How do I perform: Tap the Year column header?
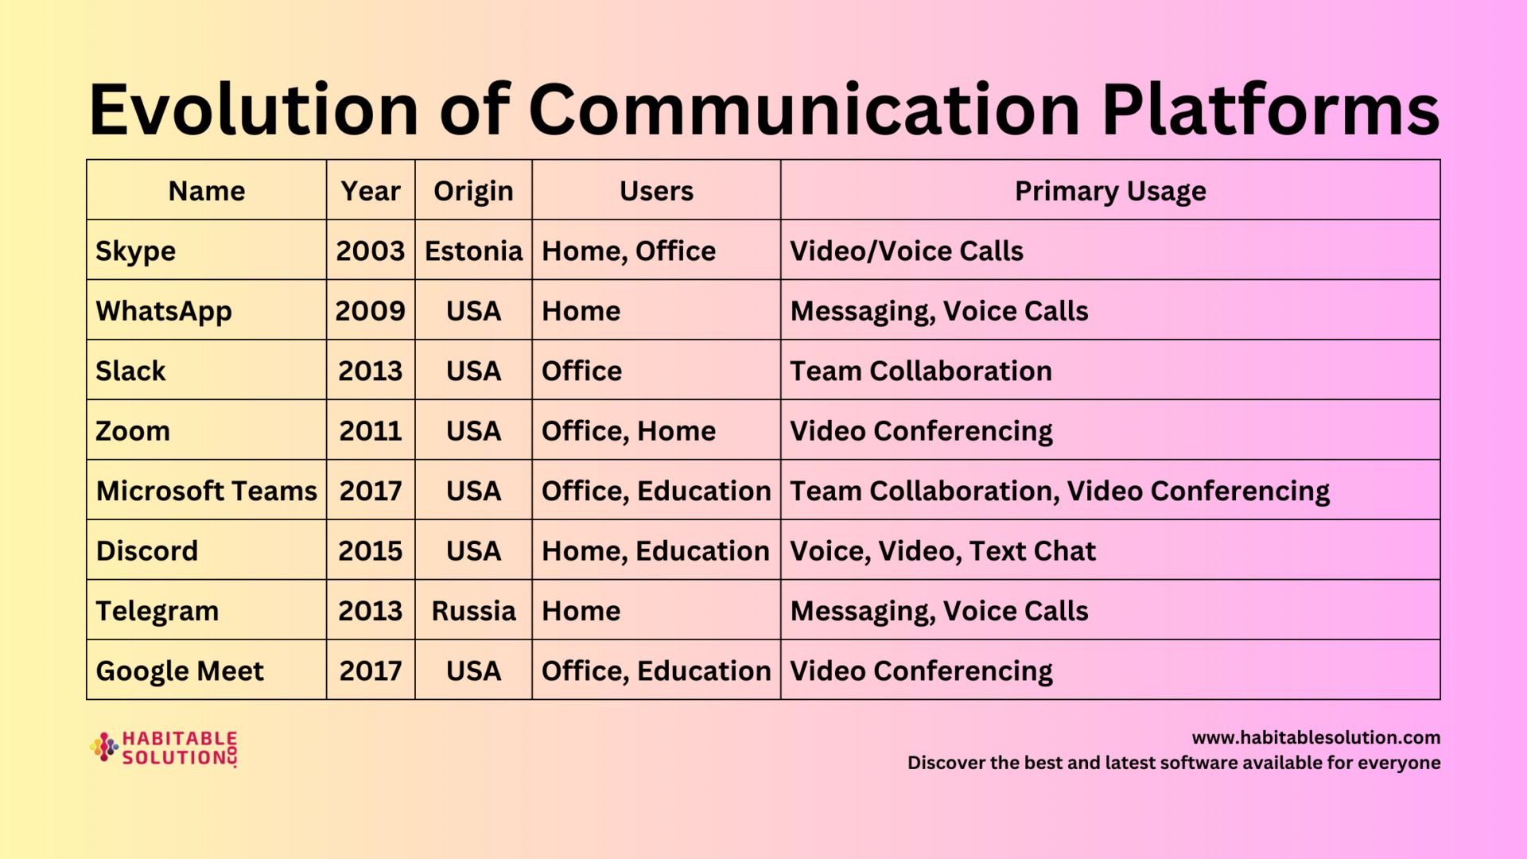[x=371, y=191]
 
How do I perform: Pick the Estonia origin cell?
[x=473, y=251]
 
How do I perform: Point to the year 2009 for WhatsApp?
[x=371, y=311]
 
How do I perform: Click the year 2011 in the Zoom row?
[x=371, y=431]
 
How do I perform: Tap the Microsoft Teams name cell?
[x=207, y=491]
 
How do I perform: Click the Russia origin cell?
[x=473, y=611]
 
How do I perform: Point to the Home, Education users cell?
[x=655, y=551]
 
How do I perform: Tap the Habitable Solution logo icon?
[x=104, y=748]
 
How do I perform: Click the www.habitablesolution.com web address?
[x=1316, y=737]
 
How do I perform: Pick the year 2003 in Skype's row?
[x=371, y=251]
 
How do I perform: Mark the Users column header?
[x=656, y=191]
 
